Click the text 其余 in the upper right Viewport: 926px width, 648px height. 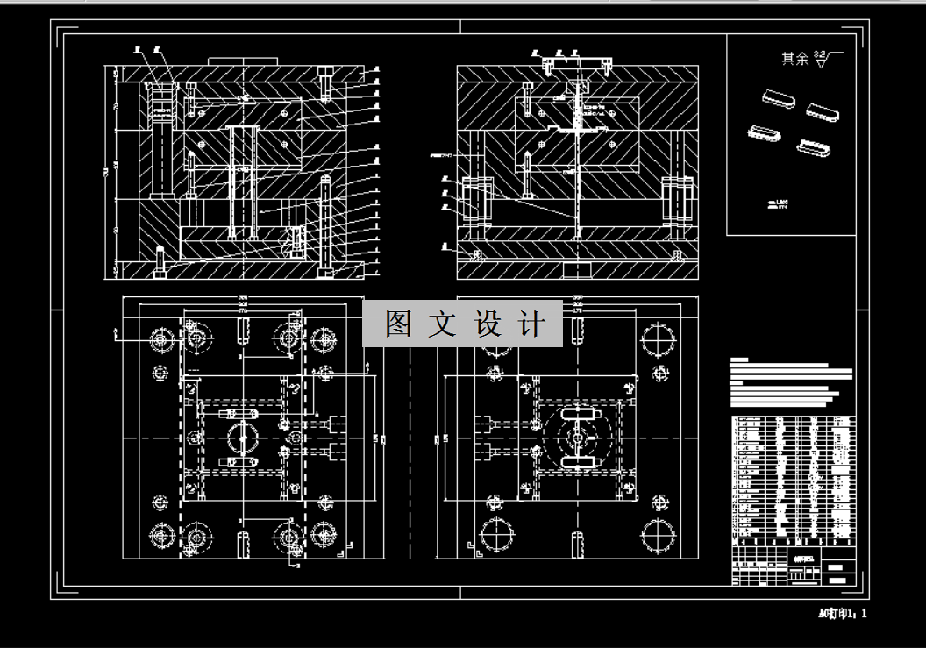(x=794, y=59)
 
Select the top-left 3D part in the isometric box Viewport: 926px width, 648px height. (x=774, y=97)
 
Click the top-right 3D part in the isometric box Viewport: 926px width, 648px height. (x=823, y=111)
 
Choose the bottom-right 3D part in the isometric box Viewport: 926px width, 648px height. (x=813, y=147)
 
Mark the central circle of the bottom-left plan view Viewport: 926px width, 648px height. (x=243, y=437)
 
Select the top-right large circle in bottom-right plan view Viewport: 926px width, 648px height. (x=659, y=338)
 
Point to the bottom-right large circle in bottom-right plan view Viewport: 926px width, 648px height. (x=659, y=534)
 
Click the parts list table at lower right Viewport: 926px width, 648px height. (x=793, y=474)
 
